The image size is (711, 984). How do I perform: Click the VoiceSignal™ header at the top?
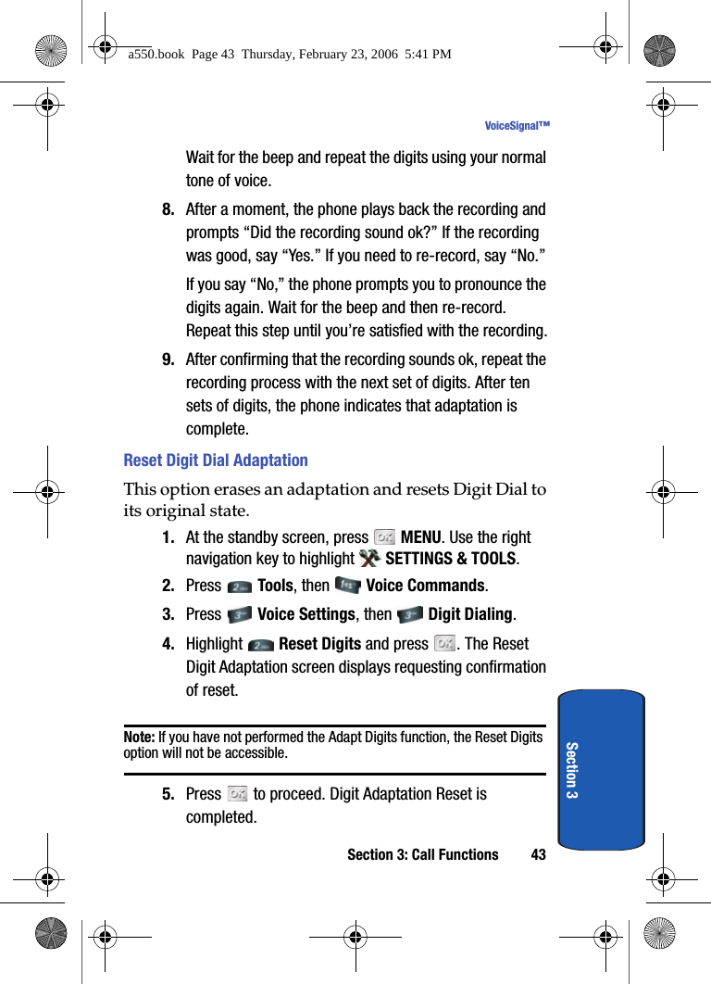click(x=517, y=126)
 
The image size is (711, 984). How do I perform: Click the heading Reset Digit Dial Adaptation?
click(x=216, y=460)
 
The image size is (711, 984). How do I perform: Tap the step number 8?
click(x=168, y=209)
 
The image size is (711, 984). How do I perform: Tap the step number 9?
click(x=168, y=360)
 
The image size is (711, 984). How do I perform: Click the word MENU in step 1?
click(x=420, y=537)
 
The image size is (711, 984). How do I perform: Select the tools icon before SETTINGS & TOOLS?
click(x=369, y=558)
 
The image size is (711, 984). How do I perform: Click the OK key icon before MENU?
click(x=384, y=536)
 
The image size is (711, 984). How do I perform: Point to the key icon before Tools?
click(x=239, y=587)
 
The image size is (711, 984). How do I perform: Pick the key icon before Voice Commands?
click(x=347, y=586)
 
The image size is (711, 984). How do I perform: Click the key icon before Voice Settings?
click(x=239, y=614)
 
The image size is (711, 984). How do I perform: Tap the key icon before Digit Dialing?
click(x=409, y=614)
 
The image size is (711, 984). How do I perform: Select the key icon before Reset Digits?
click(x=260, y=644)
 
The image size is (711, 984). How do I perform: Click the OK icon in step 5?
click(x=238, y=794)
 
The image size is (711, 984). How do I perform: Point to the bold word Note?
click(x=139, y=738)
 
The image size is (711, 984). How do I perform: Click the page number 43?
click(x=538, y=855)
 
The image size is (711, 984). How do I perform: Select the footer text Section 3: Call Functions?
click(x=422, y=855)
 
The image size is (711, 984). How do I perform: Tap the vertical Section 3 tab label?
click(x=572, y=770)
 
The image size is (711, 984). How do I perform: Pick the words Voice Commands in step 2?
click(x=426, y=586)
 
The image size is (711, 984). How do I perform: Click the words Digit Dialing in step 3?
click(x=470, y=614)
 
